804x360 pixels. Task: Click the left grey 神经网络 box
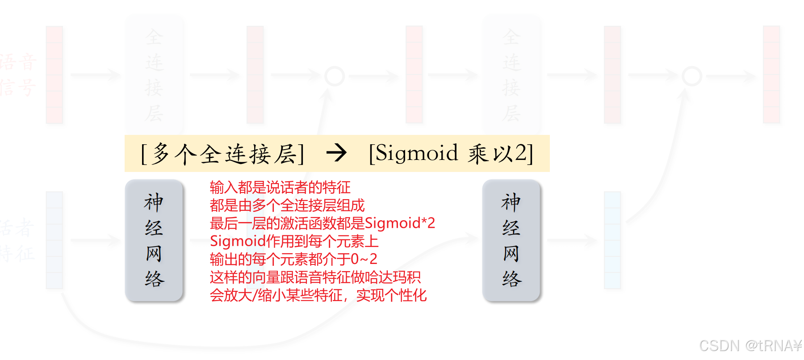(154, 240)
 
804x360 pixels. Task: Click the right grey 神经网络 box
(511, 240)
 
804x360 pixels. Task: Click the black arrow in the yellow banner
(336, 153)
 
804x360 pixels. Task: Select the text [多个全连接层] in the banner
(222, 154)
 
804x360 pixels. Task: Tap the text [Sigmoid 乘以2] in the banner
(451, 153)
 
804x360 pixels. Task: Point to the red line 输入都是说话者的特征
(280, 187)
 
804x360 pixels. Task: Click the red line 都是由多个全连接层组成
(287, 205)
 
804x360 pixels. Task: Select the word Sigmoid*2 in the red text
(400, 223)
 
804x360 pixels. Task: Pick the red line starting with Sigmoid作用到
(294, 241)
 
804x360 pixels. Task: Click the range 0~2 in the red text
(364, 259)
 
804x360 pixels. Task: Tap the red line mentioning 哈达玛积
(315, 277)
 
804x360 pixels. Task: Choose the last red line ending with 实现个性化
(318, 295)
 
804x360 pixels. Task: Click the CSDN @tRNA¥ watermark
(750, 346)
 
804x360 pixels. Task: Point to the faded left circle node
(335, 76)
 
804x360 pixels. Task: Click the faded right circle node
(692, 76)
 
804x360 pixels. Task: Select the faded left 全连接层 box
(155, 74)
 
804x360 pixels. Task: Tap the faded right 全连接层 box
(512, 74)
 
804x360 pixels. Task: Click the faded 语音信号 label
(18, 75)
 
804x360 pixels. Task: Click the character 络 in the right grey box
(511, 279)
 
